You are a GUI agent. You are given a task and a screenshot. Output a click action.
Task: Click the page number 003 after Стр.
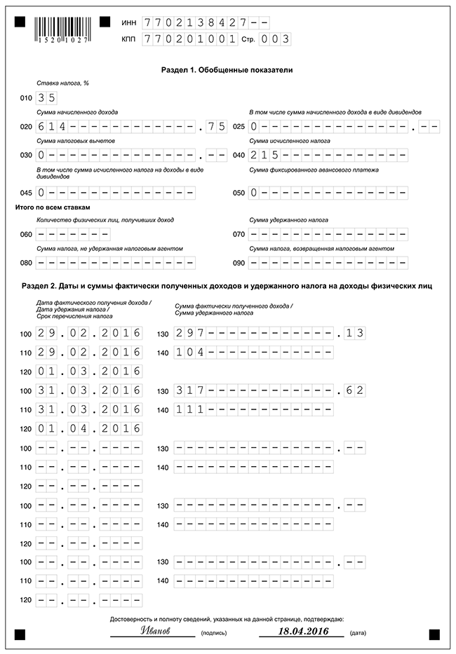pyautogui.click(x=274, y=39)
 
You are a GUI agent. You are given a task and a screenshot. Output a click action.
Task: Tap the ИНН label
pyautogui.click(x=128, y=22)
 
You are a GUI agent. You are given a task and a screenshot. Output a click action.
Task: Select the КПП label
pyautogui.click(x=128, y=40)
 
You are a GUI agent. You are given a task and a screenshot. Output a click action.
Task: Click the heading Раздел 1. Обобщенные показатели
pyautogui.click(x=227, y=70)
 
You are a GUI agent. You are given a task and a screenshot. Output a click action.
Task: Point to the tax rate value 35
pyautogui.click(x=46, y=97)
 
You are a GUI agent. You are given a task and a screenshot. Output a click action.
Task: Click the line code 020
pyautogui.click(x=27, y=127)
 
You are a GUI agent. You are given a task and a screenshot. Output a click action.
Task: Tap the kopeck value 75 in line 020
pyautogui.click(x=217, y=126)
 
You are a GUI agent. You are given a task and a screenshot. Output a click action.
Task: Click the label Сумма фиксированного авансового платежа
pyautogui.click(x=314, y=170)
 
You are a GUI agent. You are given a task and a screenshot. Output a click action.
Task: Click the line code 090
pyautogui.click(x=239, y=263)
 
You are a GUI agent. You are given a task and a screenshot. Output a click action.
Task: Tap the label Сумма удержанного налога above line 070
pyautogui.click(x=288, y=220)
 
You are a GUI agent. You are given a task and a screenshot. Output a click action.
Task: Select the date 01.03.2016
pyautogui.click(x=89, y=371)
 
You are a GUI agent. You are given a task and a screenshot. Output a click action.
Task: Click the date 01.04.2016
pyautogui.click(x=89, y=428)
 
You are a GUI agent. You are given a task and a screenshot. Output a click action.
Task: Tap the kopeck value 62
pyautogui.click(x=355, y=390)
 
